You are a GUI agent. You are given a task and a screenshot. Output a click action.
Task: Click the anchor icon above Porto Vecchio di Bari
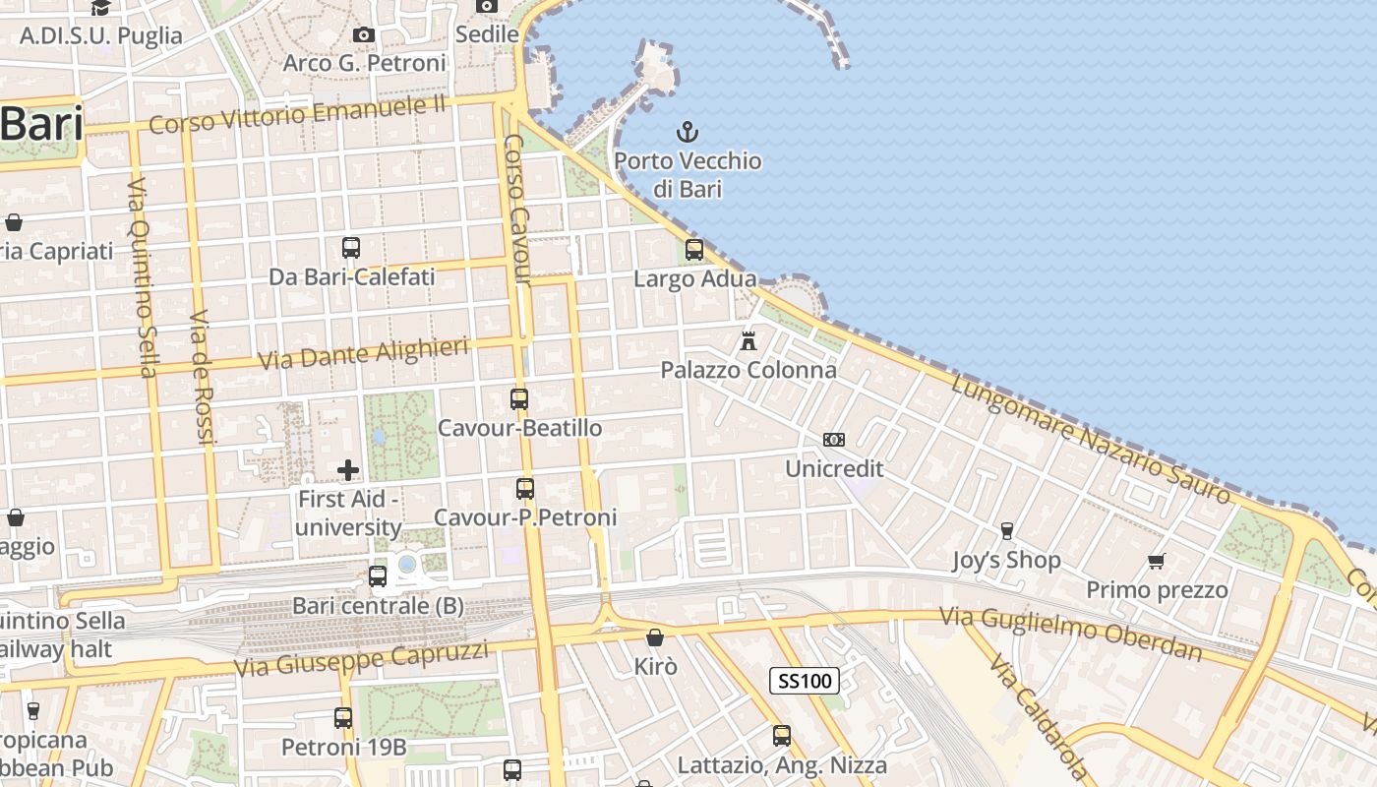[x=688, y=131]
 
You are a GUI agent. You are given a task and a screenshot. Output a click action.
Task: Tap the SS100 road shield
[x=803, y=680]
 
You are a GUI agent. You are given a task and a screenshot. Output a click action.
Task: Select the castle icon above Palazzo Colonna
[x=748, y=341]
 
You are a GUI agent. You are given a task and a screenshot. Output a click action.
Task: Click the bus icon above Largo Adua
[x=694, y=249]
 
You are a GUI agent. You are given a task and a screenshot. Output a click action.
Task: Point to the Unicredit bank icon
[x=834, y=440]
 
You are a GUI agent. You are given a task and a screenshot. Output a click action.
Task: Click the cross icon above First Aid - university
[x=348, y=470]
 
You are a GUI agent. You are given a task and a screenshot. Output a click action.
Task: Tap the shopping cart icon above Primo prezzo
[x=1157, y=561]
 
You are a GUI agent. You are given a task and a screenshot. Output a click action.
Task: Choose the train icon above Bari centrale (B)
[x=378, y=576]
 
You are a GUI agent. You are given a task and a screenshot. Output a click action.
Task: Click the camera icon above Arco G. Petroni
[x=364, y=34]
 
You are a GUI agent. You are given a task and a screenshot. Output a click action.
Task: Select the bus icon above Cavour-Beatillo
[x=519, y=399]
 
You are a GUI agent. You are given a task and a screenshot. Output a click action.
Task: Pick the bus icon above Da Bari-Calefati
[x=351, y=248]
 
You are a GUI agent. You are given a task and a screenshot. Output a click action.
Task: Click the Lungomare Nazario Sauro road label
[x=1092, y=438]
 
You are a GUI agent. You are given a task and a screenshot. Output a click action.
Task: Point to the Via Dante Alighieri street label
[x=363, y=354]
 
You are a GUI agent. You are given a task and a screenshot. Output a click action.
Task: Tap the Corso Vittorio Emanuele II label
[x=298, y=115]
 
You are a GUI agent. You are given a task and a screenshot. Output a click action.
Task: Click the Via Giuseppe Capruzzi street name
[x=361, y=658]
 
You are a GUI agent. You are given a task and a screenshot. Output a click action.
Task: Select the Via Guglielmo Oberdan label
[x=1070, y=633]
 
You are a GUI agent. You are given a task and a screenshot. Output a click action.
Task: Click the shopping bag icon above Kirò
[x=655, y=638]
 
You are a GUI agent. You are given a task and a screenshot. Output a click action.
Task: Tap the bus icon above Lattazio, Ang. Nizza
[x=782, y=735]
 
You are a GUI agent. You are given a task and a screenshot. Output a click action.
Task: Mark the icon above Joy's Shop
[x=1006, y=531]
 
